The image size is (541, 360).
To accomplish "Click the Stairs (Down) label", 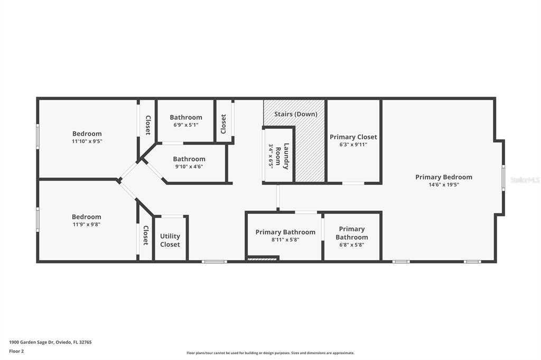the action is point(296,114).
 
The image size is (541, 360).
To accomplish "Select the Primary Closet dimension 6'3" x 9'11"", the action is point(353,145).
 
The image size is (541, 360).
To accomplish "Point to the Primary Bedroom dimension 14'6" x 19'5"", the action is point(444,185).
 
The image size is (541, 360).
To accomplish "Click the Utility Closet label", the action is point(170,240).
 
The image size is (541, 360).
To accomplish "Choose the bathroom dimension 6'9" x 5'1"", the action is point(186,125).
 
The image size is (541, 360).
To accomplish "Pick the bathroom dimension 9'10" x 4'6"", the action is point(189,167).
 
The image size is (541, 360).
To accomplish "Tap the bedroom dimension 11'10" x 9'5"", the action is point(87,141).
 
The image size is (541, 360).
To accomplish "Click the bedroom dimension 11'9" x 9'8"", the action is point(86,224).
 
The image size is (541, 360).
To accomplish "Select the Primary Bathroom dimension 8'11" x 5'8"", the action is point(285,240).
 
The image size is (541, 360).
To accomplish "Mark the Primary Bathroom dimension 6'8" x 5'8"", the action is point(351,245).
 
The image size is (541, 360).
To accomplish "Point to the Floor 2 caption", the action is point(16,352).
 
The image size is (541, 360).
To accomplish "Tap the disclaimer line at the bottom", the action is point(270,353).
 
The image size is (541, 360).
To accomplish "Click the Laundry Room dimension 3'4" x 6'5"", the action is point(271,156).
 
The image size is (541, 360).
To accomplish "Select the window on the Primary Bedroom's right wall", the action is point(503,177).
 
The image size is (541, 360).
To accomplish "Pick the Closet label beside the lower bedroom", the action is point(146,235).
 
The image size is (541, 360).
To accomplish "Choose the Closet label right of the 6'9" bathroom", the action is point(223,124).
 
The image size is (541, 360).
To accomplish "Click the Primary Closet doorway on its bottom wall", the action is point(353,183).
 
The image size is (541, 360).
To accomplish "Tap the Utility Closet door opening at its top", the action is point(172,216).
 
